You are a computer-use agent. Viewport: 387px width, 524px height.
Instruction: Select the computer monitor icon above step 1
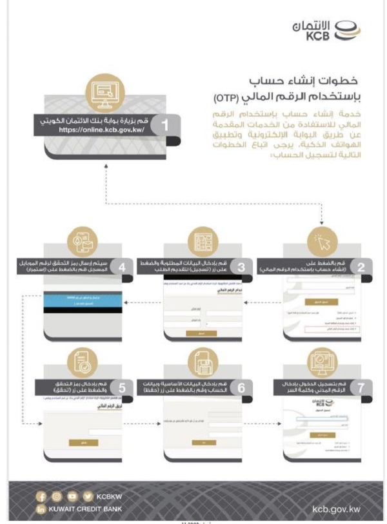point(103,93)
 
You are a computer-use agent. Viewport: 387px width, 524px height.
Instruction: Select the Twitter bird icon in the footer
point(85,496)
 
